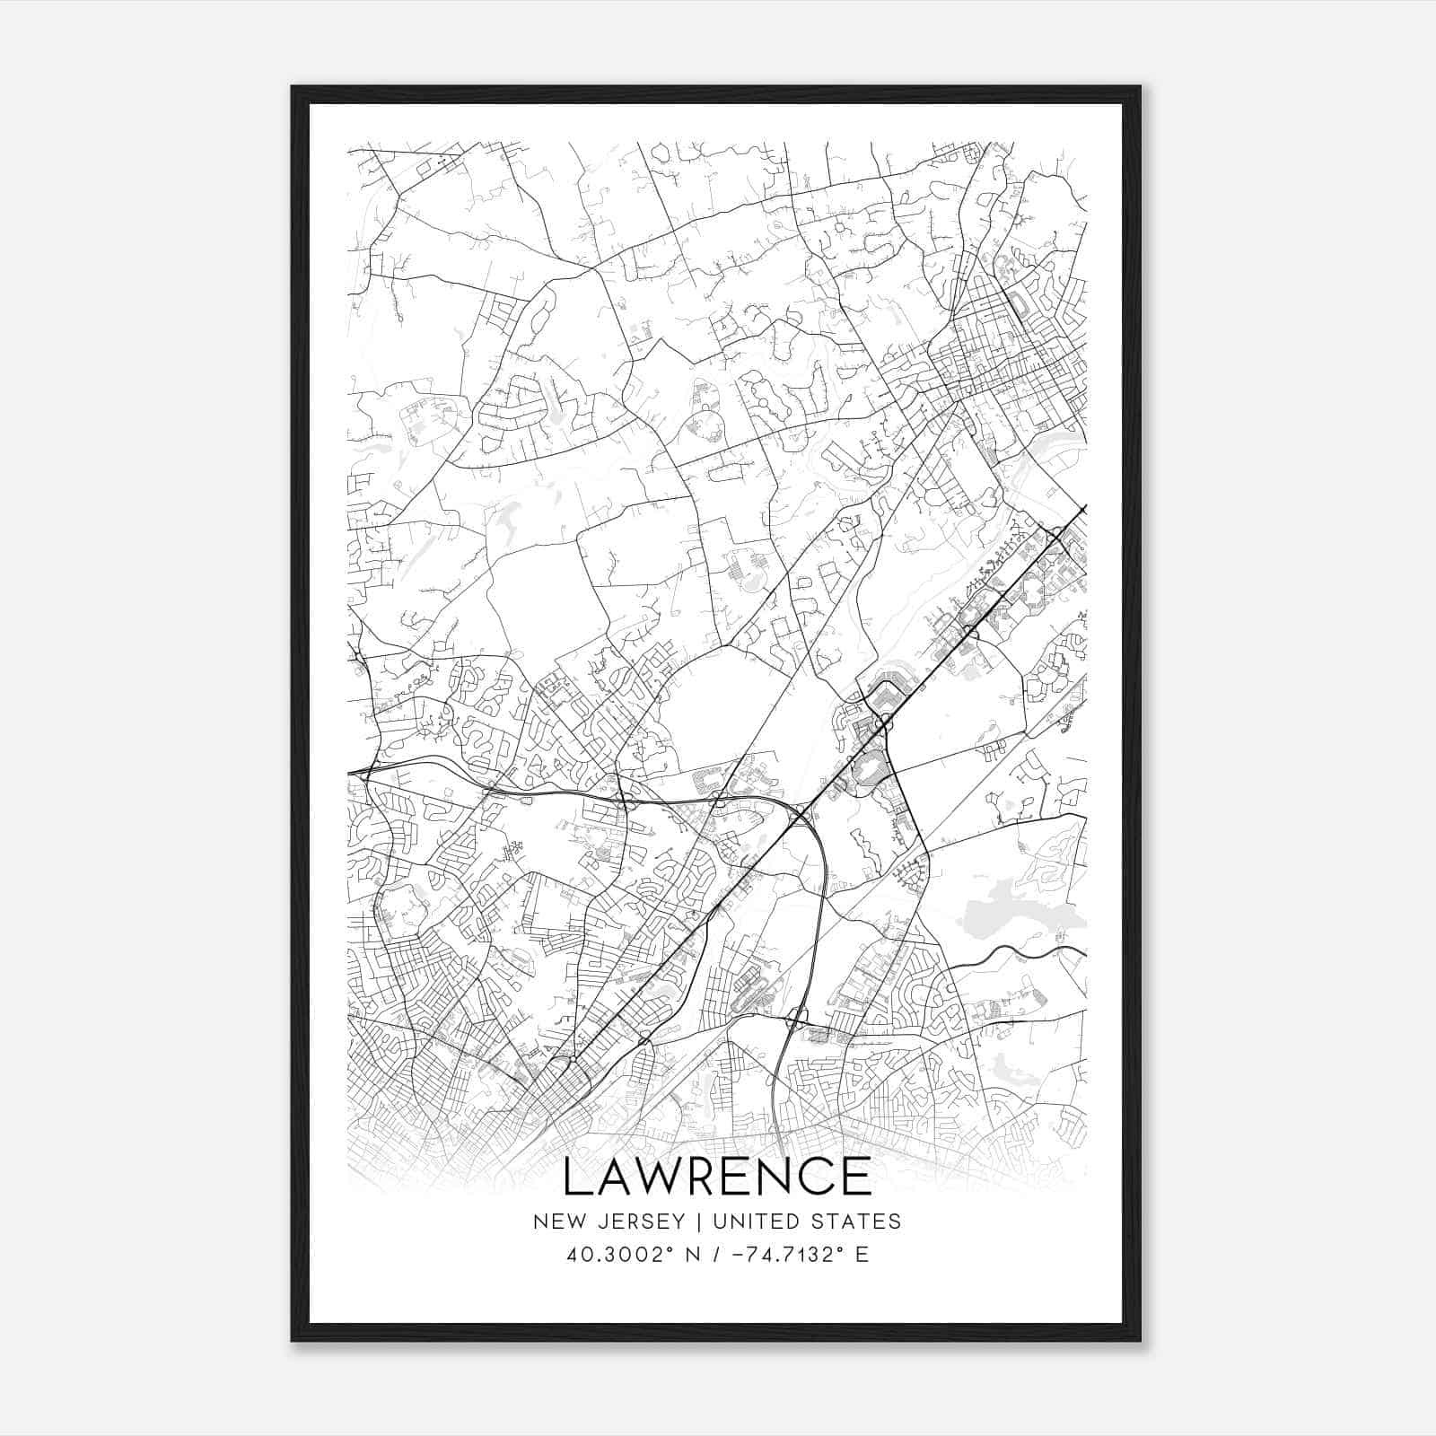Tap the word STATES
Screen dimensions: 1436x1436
(859, 1221)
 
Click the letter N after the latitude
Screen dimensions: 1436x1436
(692, 1255)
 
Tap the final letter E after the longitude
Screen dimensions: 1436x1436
(862, 1255)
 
